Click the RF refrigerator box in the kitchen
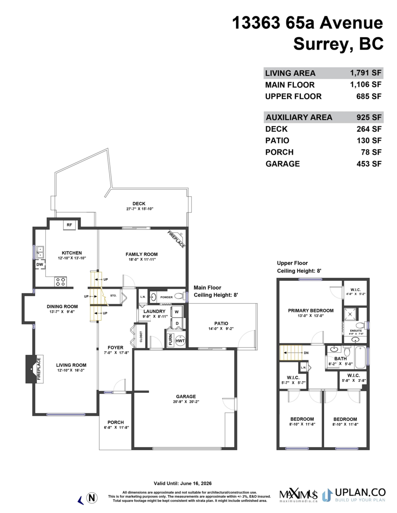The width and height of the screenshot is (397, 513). (69, 225)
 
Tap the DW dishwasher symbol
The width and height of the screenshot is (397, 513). (39, 265)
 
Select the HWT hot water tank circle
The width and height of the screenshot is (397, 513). (180, 341)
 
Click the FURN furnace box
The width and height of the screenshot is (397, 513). (170, 341)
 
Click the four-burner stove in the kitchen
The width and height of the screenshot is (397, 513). (60, 281)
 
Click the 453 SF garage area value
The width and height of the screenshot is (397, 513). (370, 164)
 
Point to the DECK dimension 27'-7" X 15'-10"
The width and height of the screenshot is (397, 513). (140, 209)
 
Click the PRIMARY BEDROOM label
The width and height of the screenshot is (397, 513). (310, 311)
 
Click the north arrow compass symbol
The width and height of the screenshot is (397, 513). (91, 498)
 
